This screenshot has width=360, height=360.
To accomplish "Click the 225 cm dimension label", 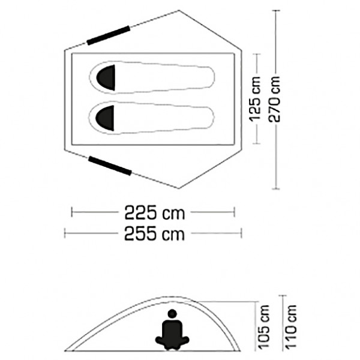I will click(154, 212).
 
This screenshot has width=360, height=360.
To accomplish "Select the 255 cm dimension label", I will click(154, 233).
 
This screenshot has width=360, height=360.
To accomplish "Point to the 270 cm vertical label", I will click(275, 99).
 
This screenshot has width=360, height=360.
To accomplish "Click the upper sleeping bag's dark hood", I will click(107, 77).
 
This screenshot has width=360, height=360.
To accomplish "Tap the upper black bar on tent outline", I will click(109, 35).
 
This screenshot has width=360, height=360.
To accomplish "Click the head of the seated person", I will click(173, 313).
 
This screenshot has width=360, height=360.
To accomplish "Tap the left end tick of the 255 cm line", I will click(65, 233).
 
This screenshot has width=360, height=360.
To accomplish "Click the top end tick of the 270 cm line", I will click(275, 12).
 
